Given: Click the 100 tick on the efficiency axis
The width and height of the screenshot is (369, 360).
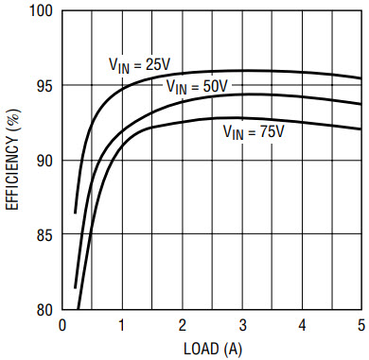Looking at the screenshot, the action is [x=40, y=10].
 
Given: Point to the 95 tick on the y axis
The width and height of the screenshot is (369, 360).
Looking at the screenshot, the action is [x=44, y=86].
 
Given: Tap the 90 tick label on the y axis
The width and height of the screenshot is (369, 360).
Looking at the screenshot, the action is [x=44, y=161].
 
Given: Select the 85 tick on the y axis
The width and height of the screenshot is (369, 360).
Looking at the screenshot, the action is [x=44, y=235].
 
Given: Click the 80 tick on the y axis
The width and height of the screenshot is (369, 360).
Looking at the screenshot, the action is [x=44, y=311].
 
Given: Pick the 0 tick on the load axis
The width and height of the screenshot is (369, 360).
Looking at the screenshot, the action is [x=62, y=325].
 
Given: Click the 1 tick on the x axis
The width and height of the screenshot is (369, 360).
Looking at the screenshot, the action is [x=122, y=325].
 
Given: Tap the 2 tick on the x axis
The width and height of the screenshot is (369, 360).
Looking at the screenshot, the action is [x=182, y=325].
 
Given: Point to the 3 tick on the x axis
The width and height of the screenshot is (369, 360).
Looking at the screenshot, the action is [x=242, y=325].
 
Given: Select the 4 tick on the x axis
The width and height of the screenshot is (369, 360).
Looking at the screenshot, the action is [x=302, y=325].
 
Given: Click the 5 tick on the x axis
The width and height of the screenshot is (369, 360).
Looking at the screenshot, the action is [x=361, y=325].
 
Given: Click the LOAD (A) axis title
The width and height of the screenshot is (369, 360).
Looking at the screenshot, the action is [x=213, y=350].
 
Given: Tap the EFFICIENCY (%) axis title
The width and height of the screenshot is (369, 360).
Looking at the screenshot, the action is [x=13, y=160].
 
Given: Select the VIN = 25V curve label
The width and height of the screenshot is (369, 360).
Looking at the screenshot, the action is [x=139, y=66].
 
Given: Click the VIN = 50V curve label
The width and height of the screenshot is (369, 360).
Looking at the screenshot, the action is [x=197, y=87].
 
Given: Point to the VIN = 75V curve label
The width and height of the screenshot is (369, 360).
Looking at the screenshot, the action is [x=254, y=132].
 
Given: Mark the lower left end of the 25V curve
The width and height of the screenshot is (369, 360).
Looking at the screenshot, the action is [x=75, y=214].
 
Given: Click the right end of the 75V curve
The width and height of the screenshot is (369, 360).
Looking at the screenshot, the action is [x=360, y=129].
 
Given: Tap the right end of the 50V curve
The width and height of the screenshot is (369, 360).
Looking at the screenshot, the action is [x=360, y=104].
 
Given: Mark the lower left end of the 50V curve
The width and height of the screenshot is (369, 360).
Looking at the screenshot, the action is [x=75, y=288].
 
